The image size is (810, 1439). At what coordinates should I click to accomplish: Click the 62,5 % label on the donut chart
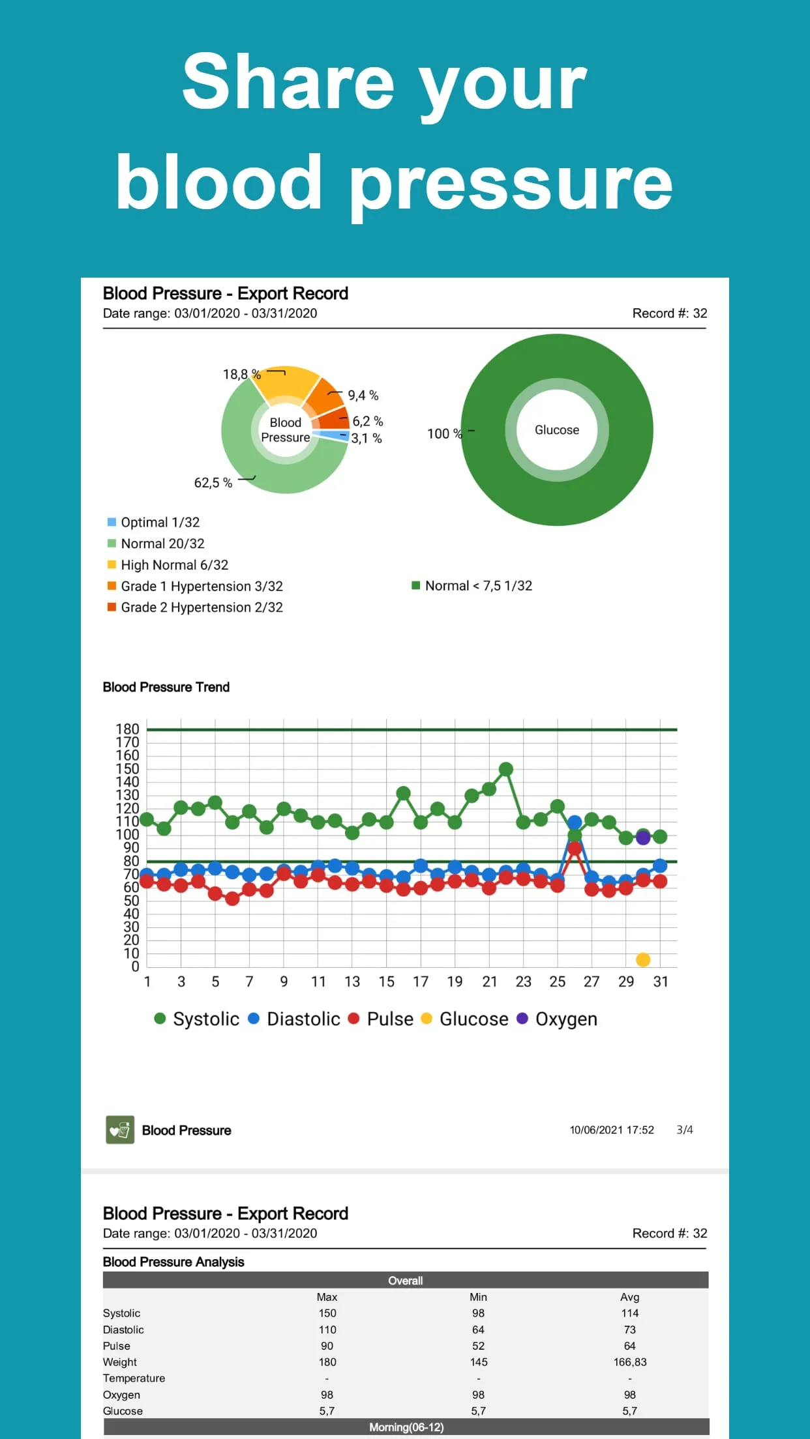(213, 483)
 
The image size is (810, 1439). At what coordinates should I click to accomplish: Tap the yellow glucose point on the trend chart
(642, 959)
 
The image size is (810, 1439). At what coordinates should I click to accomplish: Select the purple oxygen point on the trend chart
(642, 837)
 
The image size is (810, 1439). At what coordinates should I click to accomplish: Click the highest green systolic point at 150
(505, 769)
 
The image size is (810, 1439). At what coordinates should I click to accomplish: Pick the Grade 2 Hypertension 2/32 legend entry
(202, 607)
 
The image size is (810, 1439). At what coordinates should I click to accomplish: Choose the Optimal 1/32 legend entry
(160, 522)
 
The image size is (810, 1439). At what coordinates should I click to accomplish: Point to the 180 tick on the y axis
(128, 729)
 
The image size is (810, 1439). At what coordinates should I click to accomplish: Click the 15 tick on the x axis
(386, 981)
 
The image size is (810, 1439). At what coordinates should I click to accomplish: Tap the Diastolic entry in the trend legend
(303, 1019)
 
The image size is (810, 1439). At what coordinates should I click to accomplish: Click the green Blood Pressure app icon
(120, 1130)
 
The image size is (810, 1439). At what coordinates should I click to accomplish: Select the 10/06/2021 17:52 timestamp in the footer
(611, 1130)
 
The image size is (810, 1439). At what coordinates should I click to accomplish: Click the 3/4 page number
(684, 1130)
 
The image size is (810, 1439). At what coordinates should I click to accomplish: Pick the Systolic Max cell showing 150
(327, 1313)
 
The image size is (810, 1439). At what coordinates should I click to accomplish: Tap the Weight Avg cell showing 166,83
(629, 1362)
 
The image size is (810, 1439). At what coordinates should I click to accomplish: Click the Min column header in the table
(478, 1297)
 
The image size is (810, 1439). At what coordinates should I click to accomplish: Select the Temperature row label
(134, 1378)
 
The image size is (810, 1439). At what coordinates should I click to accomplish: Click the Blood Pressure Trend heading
(166, 687)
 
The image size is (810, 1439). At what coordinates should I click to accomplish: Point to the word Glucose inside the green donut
(556, 430)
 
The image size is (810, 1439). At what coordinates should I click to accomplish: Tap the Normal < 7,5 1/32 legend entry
(478, 586)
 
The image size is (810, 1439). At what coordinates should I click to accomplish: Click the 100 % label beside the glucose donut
(444, 434)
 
